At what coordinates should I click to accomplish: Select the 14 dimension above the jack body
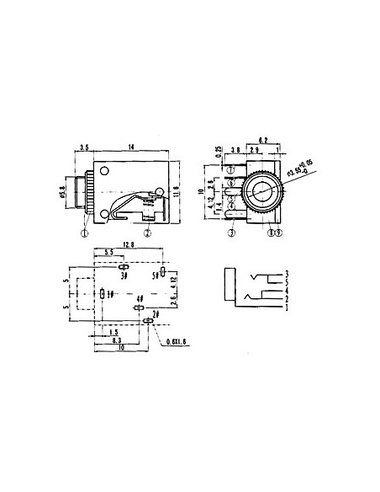[x=132, y=147]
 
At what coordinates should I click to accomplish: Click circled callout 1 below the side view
[x=86, y=232]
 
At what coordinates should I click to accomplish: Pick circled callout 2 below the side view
[x=147, y=232]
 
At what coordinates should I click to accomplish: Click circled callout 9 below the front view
[x=280, y=232]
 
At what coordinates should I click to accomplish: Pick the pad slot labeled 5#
[x=162, y=271]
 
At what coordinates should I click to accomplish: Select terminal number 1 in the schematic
[x=287, y=307]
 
